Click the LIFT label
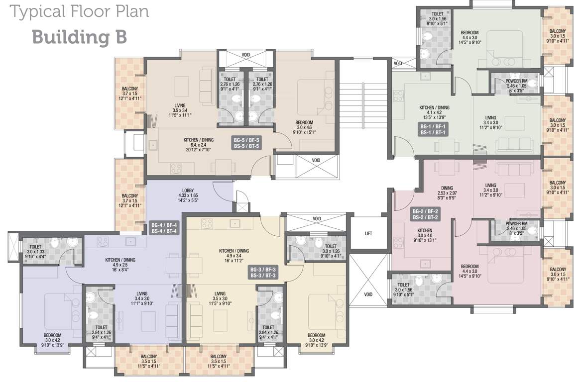click(x=368, y=233)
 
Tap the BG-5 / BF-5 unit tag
click(x=246, y=143)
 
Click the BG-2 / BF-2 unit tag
click(x=425, y=214)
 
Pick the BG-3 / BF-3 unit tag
click(x=263, y=273)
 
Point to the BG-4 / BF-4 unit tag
click(x=164, y=228)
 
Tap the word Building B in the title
click(x=80, y=37)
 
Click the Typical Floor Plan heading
click(x=79, y=11)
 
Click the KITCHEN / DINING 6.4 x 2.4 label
click(x=199, y=145)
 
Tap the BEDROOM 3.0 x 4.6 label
click(x=304, y=127)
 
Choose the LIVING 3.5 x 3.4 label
click(x=180, y=110)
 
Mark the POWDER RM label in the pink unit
click(x=516, y=228)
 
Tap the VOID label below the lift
click(x=368, y=294)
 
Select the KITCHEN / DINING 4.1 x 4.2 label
click(x=434, y=113)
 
